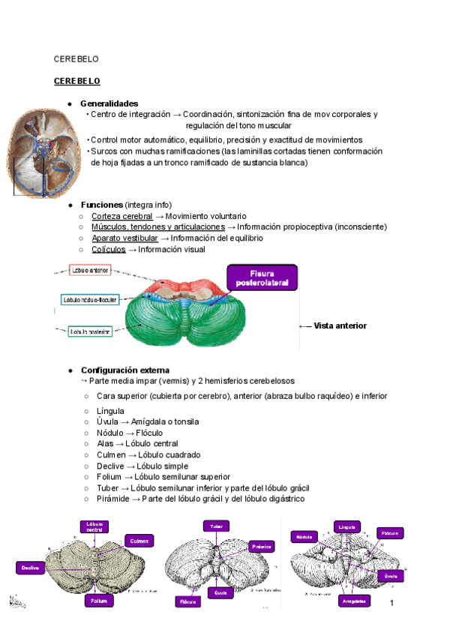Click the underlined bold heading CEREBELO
click(x=76, y=80)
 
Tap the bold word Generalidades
click(x=109, y=103)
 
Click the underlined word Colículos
click(x=109, y=249)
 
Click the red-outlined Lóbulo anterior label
click(x=91, y=270)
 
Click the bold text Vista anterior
click(x=340, y=325)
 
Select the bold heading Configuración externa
click(x=124, y=370)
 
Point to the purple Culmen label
click(x=139, y=541)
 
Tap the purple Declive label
click(x=30, y=568)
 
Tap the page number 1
click(x=391, y=603)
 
